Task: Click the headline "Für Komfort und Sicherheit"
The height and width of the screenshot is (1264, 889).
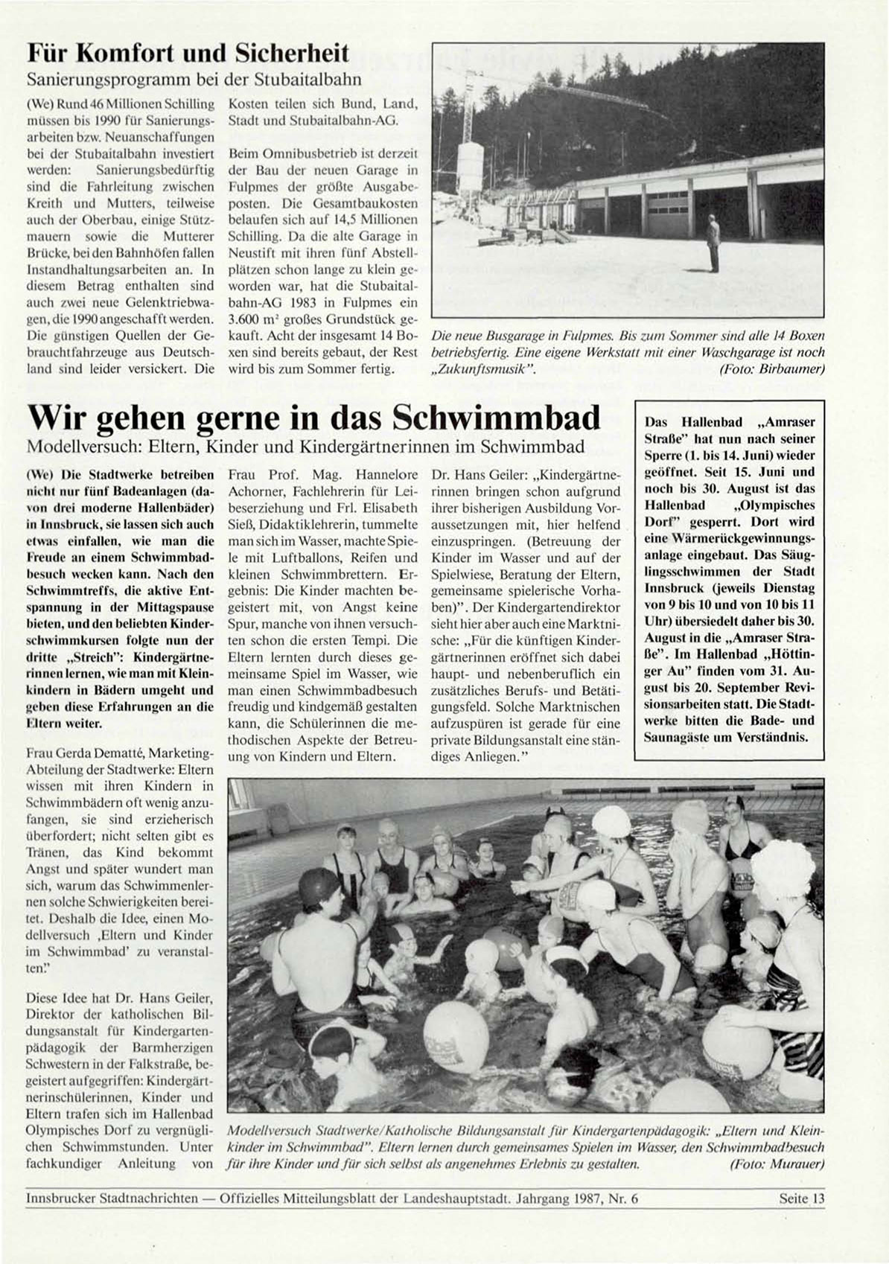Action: coord(188,53)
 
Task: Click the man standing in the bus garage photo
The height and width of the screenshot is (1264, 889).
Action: coord(714,243)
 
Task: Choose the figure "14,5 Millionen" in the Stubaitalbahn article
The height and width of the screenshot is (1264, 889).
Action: coord(380,220)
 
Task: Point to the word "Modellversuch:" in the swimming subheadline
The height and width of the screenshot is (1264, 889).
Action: coord(71,447)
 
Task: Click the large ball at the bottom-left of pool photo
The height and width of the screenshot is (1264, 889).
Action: coord(456,1038)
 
